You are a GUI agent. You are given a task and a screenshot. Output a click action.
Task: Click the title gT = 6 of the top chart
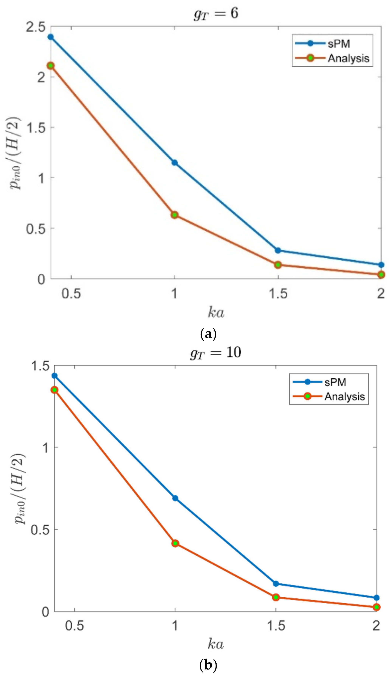point(216,13)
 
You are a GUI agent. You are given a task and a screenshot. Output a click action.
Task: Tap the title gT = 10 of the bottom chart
point(215,352)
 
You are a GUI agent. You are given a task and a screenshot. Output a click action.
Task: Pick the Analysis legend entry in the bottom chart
point(344,396)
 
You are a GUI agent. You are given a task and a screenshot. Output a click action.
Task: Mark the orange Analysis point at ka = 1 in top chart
point(174,215)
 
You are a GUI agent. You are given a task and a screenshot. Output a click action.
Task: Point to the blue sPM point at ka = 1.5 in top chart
point(278,250)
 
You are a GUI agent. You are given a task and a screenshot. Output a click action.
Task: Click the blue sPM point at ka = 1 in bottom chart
point(175,498)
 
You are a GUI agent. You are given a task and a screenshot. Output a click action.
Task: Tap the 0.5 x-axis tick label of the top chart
point(71,293)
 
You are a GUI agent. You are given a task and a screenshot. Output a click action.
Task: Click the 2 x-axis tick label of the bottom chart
point(376,626)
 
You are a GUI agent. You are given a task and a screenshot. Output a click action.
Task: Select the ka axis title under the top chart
point(216,312)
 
